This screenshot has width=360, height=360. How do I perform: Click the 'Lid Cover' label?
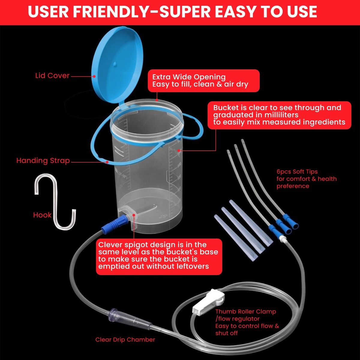(52, 76)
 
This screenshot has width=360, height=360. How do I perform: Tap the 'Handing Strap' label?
(43, 161)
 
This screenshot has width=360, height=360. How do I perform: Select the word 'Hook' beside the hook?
(42, 215)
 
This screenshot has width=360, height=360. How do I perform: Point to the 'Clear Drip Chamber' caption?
(125, 339)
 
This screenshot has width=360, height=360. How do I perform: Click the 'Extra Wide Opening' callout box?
(204, 81)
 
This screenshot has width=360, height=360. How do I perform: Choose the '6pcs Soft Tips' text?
(297, 172)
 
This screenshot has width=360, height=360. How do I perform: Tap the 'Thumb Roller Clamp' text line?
(246, 311)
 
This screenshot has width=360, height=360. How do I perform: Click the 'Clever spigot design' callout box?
(159, 257)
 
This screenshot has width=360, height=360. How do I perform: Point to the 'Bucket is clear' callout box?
(279, 115)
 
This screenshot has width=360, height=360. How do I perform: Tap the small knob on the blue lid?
(115, 64)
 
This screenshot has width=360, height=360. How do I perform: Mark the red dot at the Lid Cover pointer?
(94, 76)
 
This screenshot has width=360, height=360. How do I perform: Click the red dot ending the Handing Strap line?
(107, 162)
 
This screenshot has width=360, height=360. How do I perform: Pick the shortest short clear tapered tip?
(236, 237)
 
